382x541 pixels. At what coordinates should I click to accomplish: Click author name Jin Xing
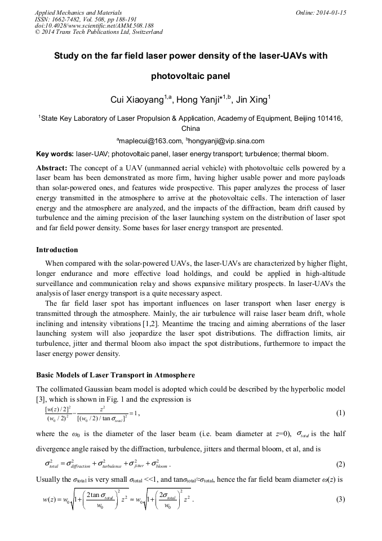tap(237, 100)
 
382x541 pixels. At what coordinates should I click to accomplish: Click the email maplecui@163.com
tap(149, 141)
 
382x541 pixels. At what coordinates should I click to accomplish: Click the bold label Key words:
tap(55, 153)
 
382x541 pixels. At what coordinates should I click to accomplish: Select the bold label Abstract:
tap(52, 168)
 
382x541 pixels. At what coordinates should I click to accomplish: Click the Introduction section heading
tap(57, 250)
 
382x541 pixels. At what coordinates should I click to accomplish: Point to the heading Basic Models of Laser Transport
tap(116, 375)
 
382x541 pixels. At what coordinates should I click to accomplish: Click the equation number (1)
tap(340, 412)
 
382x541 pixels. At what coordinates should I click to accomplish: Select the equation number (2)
tap(340, 464)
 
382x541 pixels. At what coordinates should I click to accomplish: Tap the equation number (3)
tap(340, 499)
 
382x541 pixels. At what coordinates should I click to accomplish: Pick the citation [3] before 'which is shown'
tap(41, 399)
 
